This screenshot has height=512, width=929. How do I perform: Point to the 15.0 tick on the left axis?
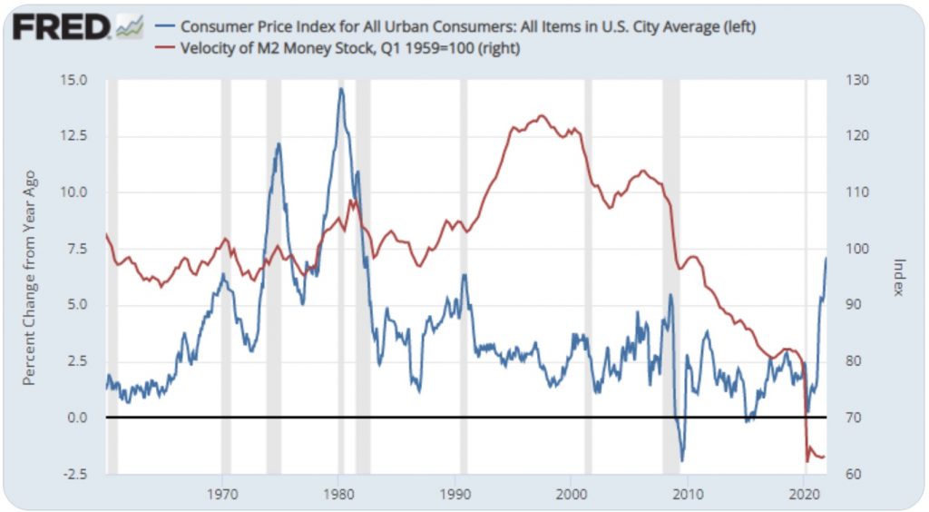[73, 80]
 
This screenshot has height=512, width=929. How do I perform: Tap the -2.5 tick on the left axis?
[73, 474]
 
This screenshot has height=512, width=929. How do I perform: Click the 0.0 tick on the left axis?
[76, 418]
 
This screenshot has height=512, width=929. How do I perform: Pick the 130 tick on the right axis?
[857, 80]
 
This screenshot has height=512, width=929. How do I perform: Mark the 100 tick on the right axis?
[857, 249]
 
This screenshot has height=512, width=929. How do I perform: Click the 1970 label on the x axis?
[222, 496]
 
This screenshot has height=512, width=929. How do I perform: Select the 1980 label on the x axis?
[338, 496]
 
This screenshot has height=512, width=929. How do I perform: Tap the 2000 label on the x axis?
[571, 496]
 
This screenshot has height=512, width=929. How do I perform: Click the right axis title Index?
[898, 277]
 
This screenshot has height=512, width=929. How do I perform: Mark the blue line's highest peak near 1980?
[341, 88]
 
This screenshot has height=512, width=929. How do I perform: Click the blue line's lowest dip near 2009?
[682, 461]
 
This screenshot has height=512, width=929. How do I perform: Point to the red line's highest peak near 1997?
[542, 115]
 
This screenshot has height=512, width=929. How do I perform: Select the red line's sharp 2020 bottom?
[807, 461]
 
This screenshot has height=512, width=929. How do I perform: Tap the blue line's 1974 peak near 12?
[279, 143]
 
